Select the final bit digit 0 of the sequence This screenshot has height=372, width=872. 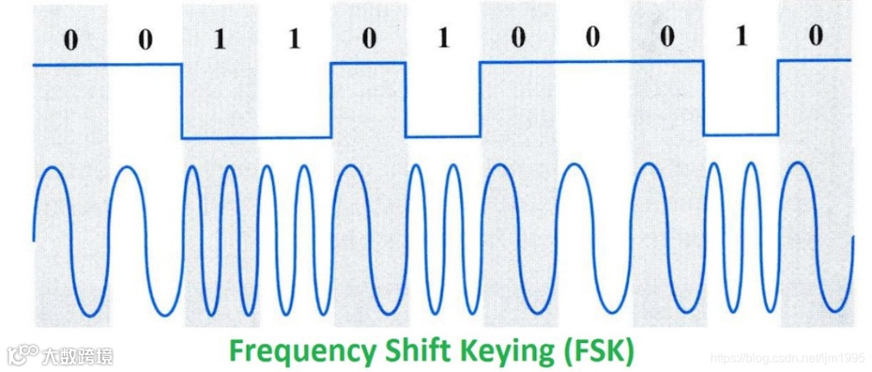[x=816, y=36]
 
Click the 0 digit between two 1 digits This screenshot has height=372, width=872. [x=368, y=40]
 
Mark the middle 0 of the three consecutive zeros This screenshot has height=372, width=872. [x=592, y=39]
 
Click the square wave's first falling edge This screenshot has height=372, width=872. [x=182, y=102]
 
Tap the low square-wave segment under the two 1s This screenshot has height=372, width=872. [x=257, y=138]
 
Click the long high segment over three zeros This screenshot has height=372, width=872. [x=592, y=61]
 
